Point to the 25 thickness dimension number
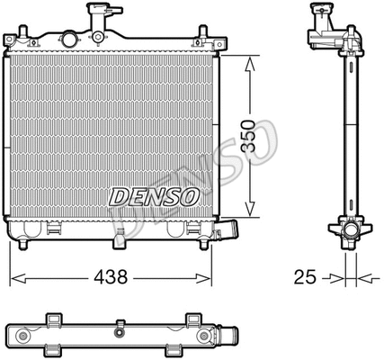306,277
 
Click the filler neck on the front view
98,15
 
